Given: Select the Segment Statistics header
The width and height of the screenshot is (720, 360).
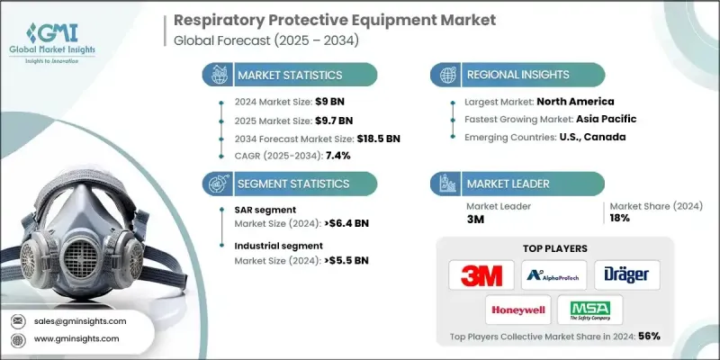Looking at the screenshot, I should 289,184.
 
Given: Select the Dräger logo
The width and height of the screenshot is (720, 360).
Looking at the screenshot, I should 621,274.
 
